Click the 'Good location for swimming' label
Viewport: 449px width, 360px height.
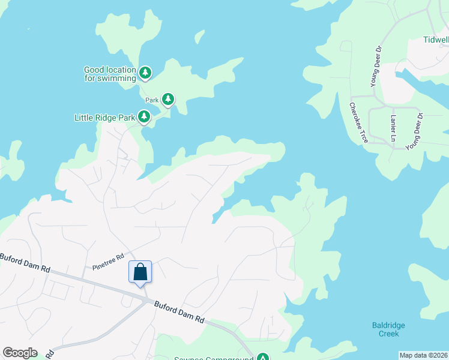pos(110,74)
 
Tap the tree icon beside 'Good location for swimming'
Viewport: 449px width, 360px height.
pos(145,73)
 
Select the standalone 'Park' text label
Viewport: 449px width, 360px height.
pos(151,99)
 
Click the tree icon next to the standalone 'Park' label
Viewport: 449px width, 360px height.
pos(169,99)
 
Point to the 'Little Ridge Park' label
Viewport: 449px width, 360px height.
pos(104,118)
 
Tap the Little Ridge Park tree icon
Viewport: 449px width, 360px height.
pos(144,116)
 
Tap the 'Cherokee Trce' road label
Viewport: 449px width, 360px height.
pos(358,122)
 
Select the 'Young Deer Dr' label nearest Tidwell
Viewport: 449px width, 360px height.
pos(377,66)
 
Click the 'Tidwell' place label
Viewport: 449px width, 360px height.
pos(436,40)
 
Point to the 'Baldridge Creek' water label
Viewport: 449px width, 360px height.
pos(388,329)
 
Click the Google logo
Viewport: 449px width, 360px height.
pos(20,353)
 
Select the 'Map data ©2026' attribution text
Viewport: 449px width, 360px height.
pos(423,355)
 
